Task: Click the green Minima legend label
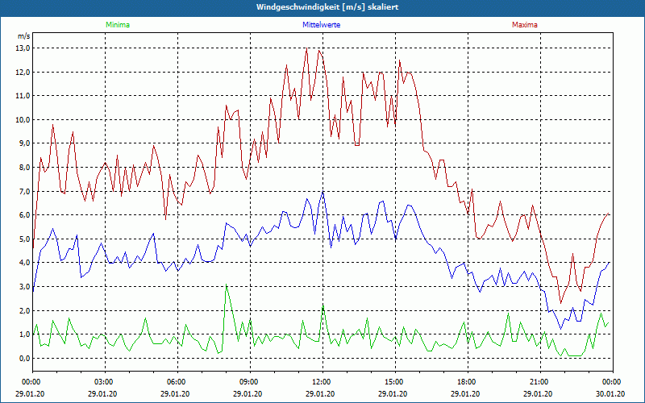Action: click(x=117, y=25)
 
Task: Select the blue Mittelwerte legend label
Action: click(x=320, y=25)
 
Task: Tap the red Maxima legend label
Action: click(x=525, y=25)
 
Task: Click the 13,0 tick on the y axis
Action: click(x=23, y=48)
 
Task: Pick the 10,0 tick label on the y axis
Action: click(x=23, y=119)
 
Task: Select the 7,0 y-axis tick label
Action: click(x=23, y=191)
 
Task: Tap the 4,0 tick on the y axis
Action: click(x=23, y=263)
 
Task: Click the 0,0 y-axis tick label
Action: click(x=23, y=358)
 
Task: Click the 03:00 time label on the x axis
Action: click(x=104, y=382)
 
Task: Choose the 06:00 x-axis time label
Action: click(x=177, y=382)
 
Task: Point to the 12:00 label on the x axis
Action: click(x=322, y=382)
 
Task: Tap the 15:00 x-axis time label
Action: click(x=394, y=382)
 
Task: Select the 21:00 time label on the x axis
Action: click(x=539, y=382)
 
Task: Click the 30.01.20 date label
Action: click(x=610, y=394)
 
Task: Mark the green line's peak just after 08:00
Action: click(x=226, y=285)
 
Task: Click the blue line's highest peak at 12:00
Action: click(x=322, y=192)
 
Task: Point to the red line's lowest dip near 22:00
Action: click(x=561, y=303)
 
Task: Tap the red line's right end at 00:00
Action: click(x=610, y=214)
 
